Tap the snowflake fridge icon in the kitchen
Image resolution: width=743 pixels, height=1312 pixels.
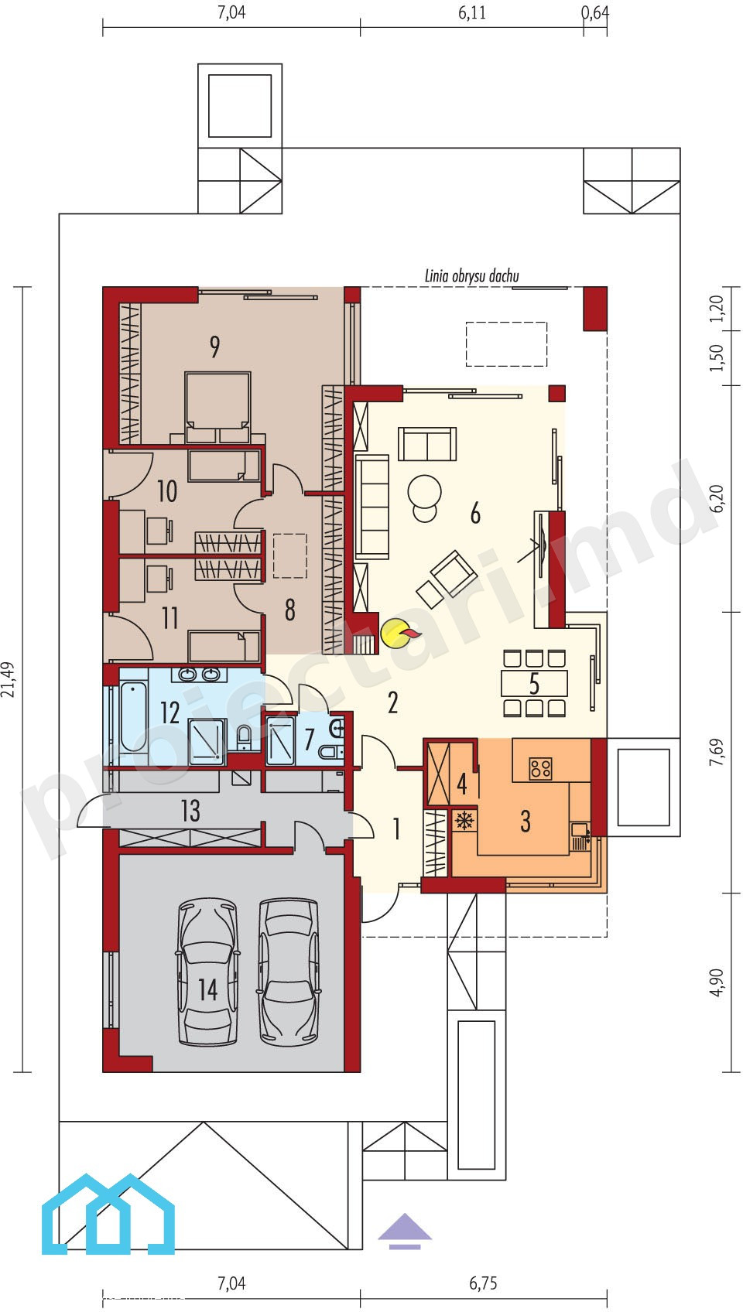click(464, 820)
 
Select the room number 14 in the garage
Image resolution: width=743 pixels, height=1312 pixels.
click(208, 989)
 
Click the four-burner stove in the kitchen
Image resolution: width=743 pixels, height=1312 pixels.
click(540, 768)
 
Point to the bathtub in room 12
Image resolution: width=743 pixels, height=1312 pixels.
click(133, 716)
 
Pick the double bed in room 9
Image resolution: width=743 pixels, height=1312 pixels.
click(217, 407)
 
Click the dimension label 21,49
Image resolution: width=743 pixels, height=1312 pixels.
click(9, 679)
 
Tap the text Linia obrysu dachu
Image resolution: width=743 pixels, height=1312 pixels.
click(471, 276)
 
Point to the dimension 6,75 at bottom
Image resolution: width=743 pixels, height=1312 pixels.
click(484, 1283)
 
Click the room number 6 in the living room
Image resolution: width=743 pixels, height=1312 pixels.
click(475, 512)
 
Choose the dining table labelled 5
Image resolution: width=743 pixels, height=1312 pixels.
click(534, 683)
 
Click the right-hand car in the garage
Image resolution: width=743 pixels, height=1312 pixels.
click(289, 972)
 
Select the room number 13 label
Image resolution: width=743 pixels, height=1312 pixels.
click(190, 811)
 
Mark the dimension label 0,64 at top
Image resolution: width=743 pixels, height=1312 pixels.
click(594, 12)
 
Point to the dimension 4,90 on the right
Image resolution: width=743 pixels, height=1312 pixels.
click(716, 982)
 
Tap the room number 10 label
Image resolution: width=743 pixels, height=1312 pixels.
click(167, 490)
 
